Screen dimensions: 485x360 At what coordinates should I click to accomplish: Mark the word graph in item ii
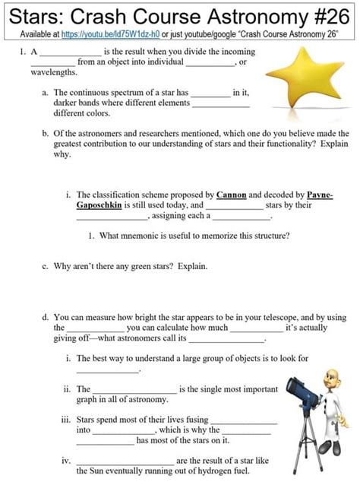[87, 400]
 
